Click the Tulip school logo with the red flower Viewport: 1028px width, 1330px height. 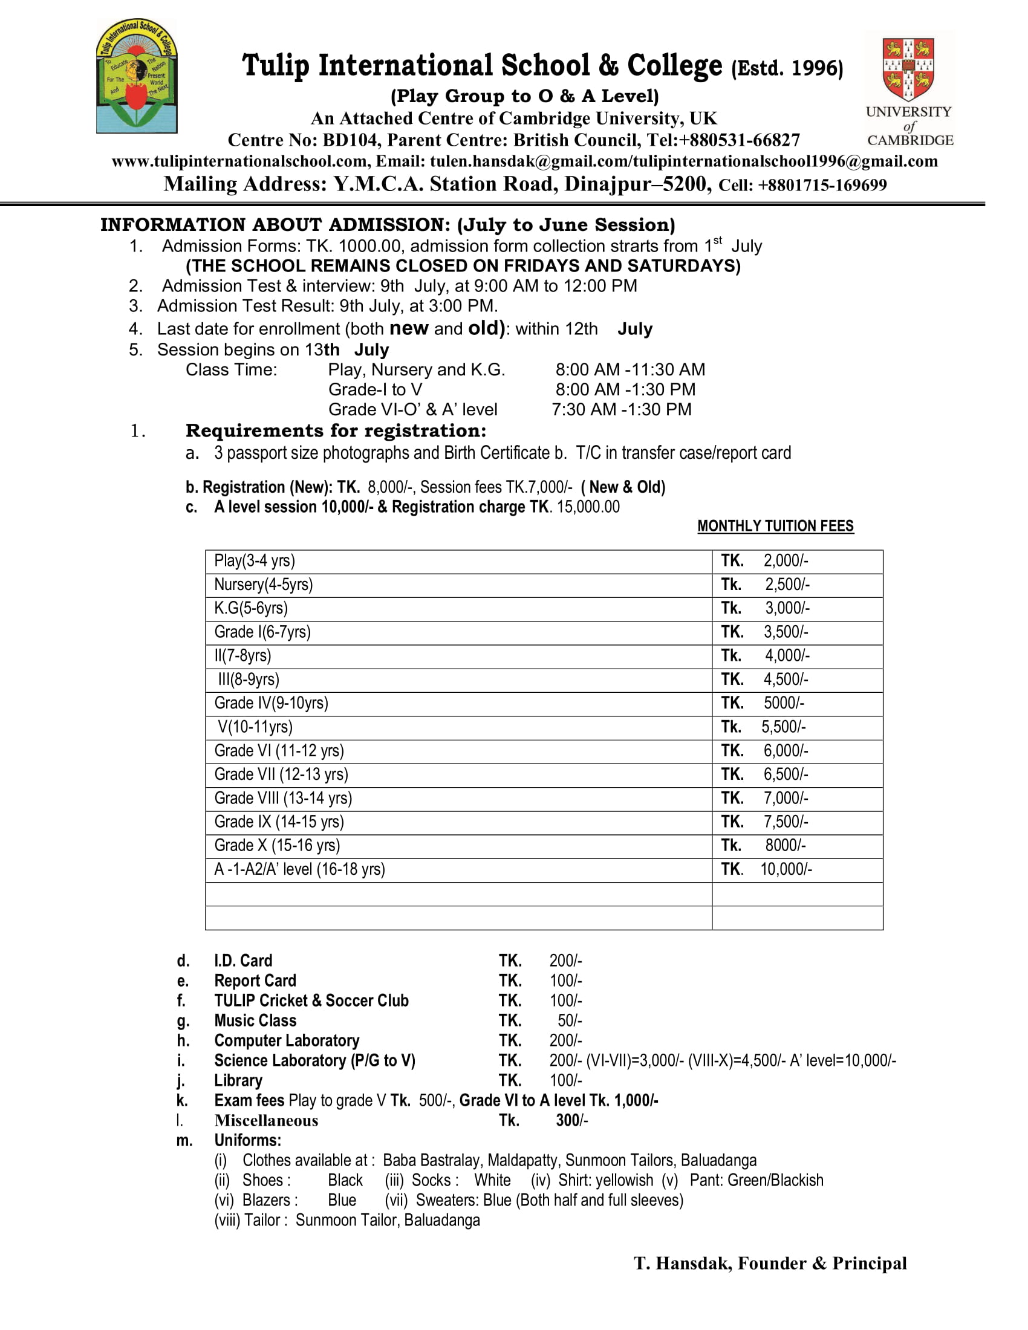click(x=137, y=76)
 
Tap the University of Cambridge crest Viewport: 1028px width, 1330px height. click(x=909, y=69)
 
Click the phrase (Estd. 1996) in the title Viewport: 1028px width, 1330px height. click(x=787, y=68)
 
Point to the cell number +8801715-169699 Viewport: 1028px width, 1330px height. click(x=822, y=185)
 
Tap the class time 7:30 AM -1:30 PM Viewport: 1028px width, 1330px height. click(x=621, y=409)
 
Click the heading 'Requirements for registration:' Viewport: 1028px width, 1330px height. click(x=336, y=430)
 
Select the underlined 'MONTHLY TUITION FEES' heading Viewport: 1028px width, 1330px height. click(x=775, y=526)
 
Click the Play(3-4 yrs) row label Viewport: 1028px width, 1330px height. click(x=255, y=561)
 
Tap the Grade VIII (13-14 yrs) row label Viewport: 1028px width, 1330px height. click(x=283, y=799)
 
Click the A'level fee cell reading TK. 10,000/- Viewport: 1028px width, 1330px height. click(x=766, y=869)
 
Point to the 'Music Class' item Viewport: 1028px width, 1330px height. click(x=255, y=1020)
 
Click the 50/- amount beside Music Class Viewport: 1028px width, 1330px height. click(x=570, y=1020)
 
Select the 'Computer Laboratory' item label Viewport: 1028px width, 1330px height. click(x=287, y=1041)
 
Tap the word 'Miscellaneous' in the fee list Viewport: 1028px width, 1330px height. click(x=266, y=1120)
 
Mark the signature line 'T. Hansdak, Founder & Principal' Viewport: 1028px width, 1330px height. click(x=770, y=1263)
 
